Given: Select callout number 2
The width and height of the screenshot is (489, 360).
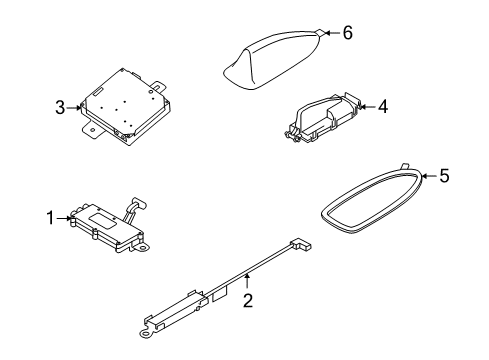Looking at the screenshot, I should (x=248, y=300).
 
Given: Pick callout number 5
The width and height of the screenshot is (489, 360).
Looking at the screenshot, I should (x=444, y=176).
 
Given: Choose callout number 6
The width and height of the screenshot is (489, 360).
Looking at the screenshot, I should (x=347, y=33).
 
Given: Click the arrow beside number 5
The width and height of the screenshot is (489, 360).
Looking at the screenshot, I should (x=427, y=177).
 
